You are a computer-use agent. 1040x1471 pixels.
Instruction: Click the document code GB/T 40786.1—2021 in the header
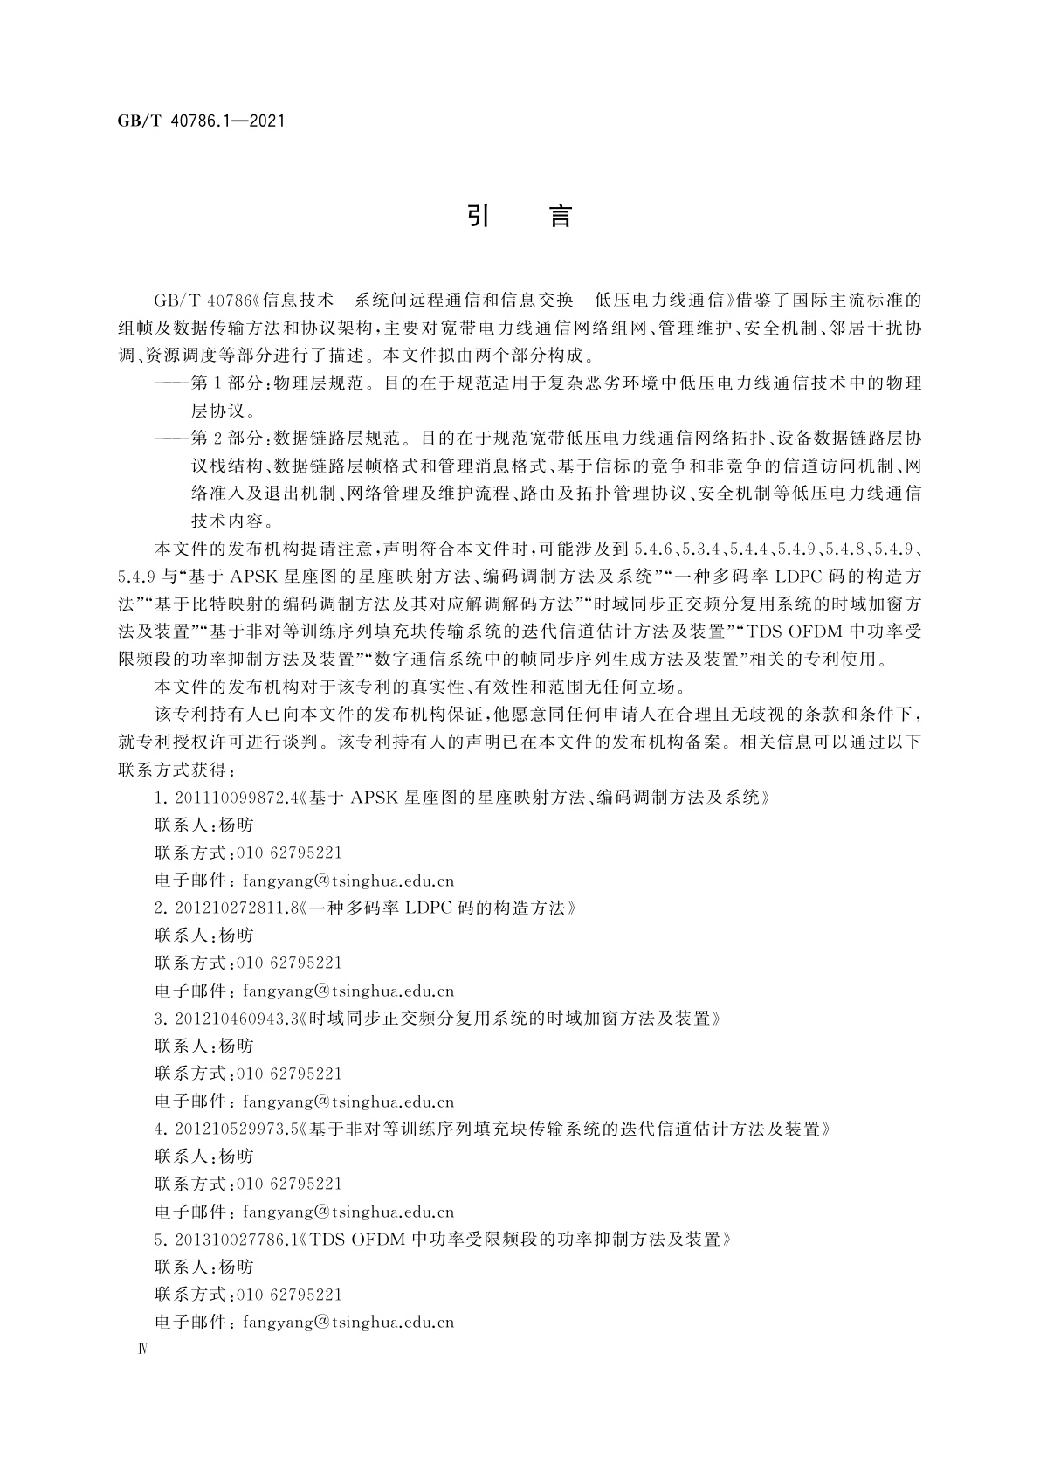[x=201, y=121]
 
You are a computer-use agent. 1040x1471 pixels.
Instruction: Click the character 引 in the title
[x=478, y=216]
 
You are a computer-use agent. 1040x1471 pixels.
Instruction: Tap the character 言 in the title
[x=560, y=216]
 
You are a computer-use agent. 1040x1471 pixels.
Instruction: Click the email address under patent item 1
[x=348, y=881]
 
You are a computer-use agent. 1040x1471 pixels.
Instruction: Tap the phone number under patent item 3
[x=289, y=1074]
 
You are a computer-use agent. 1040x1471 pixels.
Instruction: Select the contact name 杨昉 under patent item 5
[x=236, y=1267]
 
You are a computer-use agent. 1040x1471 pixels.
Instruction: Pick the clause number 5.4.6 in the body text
[x=652, y=549]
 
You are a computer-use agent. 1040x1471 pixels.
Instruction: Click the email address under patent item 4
[x=348, y=1212]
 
